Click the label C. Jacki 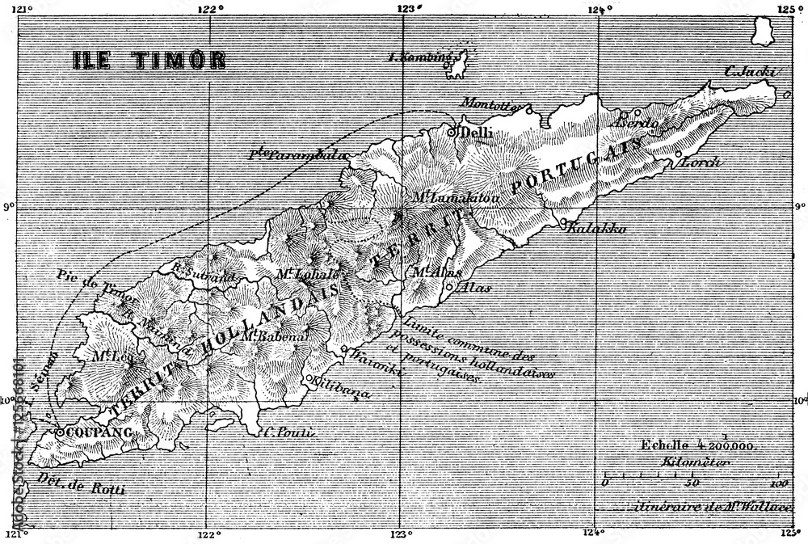point(751,73)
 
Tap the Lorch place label point(701,162)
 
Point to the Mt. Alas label point(436,272)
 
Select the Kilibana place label point(342,388)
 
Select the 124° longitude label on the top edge point(599,10)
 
